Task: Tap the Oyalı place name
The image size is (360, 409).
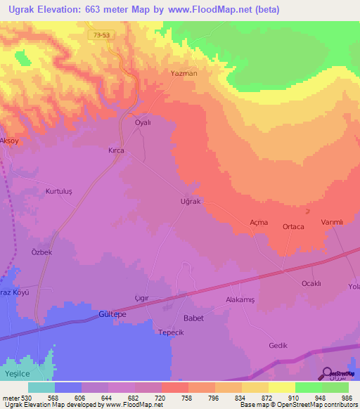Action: click(143, 122)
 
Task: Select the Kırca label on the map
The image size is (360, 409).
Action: click(116, 150)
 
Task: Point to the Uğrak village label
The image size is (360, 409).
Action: click(191, 202)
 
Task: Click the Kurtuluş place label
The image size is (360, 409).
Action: click(59, 192)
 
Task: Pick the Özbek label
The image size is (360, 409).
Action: click(42, 252)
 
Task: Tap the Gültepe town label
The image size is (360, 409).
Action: click(112, 314)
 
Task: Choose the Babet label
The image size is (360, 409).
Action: click(193, 318)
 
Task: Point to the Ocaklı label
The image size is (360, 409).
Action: click(311, 283)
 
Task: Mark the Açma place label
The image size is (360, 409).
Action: click(259, 222)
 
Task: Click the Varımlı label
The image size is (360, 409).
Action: click(331, 222)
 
